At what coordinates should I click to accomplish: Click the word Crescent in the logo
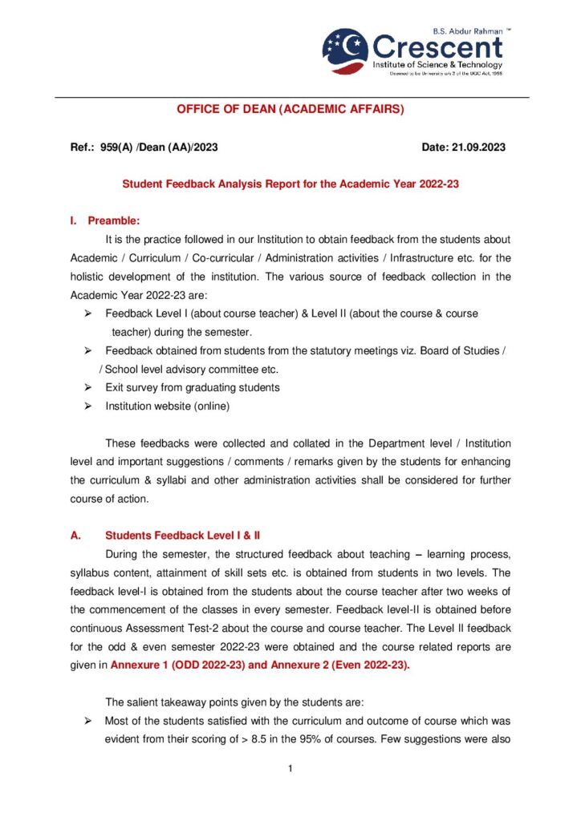point(437,46)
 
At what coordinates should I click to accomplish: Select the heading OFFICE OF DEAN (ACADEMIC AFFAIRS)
point(290,108)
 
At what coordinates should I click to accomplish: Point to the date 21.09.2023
point(478,148)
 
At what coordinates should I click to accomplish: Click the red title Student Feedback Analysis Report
point(290,184)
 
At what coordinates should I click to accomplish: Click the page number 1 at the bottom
point(290,769)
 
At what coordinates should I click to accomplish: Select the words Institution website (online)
point(168,406)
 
